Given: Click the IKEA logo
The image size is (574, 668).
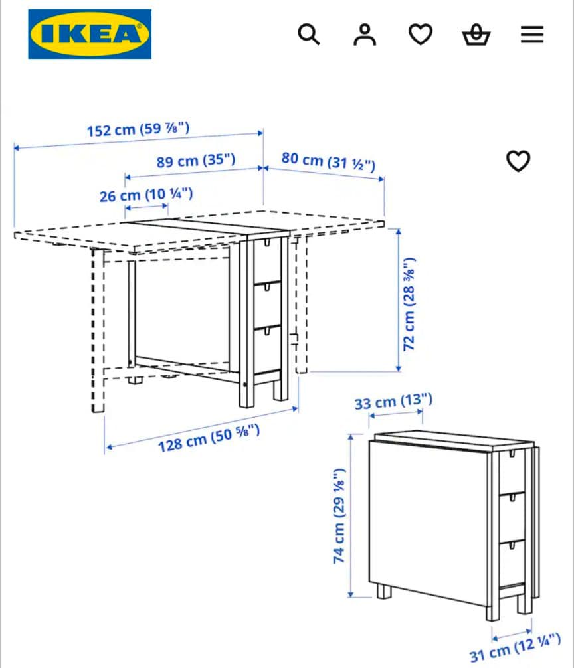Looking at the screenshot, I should pyautogui.click(x=90, y=34).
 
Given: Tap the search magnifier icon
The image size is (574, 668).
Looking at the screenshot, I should pyautogui.click(x=308, y=34).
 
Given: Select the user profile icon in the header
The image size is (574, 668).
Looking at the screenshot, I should pyautogui.click(x=364, y=35).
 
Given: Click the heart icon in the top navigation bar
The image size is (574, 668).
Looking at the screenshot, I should pyautogui.click(x=420, y=35).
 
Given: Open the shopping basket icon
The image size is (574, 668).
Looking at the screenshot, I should pyautogui.click(x=476, y=35).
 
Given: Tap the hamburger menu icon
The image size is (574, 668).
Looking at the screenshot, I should pyautogui.click(x=531, y=35).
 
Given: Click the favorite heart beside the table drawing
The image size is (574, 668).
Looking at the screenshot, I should pyautogui.click(x=518, y=161).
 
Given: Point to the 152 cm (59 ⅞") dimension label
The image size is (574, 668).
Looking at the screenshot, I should pyautogui.click(x=138, y=129).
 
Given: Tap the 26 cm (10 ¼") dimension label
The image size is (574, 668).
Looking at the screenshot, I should pyautogui.click(x=146, y=195).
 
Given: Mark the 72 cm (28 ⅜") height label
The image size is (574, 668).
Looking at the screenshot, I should pyautogui.click(x=410, y=303).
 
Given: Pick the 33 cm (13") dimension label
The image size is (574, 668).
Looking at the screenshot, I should pyautogui.click(x=393, y=402).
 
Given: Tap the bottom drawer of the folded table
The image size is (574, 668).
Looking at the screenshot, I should pyautogui.click(x=512, y=564).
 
